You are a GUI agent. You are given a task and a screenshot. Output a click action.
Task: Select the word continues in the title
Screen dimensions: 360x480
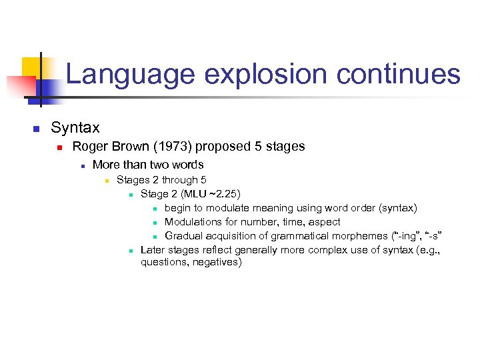[398, 74]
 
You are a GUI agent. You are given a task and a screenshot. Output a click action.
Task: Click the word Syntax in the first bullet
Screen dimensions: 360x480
[75, 127]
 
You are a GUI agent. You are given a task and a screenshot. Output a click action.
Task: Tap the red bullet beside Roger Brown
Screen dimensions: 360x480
[59, 147]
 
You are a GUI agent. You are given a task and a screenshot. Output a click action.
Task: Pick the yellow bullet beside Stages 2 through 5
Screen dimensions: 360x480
[105, 181]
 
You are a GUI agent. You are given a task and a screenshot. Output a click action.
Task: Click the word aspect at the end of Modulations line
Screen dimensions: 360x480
[324, 222]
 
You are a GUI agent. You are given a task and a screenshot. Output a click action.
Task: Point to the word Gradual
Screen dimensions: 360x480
[183, 236]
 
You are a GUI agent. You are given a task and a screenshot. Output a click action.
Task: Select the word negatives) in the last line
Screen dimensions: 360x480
[217, 263]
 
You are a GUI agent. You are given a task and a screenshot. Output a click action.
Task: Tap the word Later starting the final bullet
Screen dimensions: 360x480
[153, 250]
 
